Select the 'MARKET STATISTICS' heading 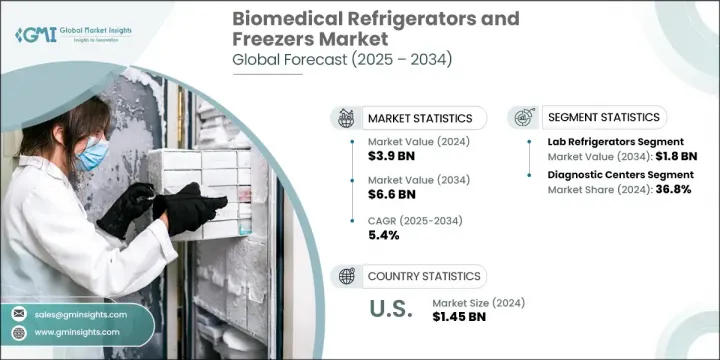419,119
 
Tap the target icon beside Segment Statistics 524,118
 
